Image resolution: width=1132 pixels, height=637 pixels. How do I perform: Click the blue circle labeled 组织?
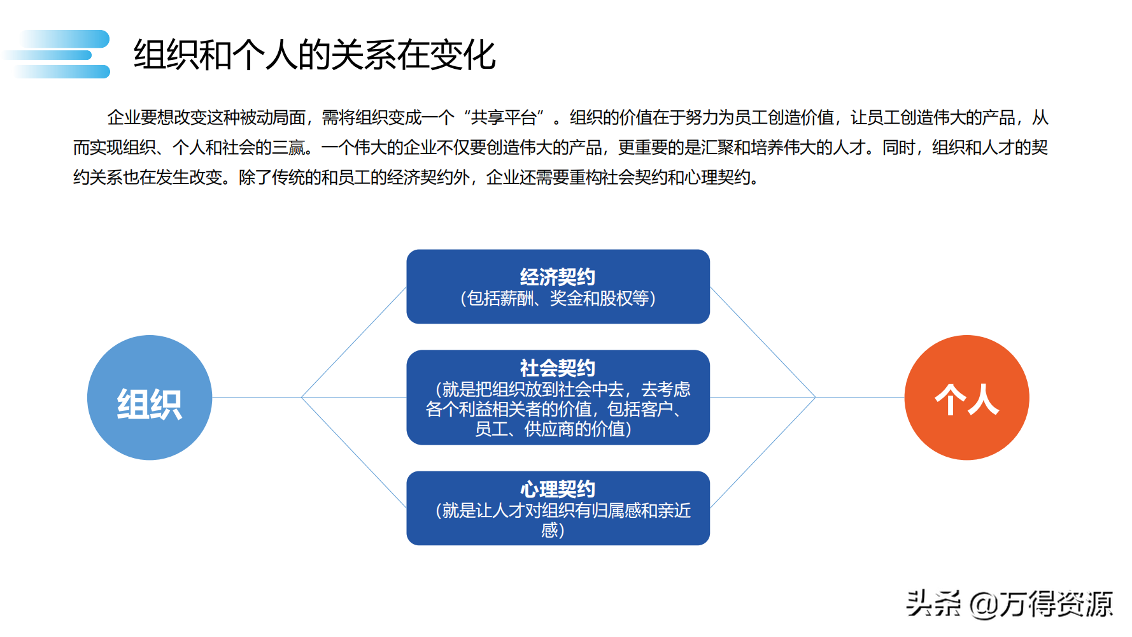click(149, 397)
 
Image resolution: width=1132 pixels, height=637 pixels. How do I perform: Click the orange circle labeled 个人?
click(966, 397)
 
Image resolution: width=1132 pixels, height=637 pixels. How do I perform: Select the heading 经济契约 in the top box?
click(557, 277)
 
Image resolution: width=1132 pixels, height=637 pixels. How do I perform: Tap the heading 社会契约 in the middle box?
click(557, 368)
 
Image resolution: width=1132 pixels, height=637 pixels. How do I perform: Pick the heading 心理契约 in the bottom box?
click(557, 489)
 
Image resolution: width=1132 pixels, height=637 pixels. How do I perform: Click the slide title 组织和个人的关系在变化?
click(315, 55)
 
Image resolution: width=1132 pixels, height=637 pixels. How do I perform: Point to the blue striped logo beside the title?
click(60, 54)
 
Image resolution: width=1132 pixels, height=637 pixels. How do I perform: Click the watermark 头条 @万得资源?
click(1009, 604)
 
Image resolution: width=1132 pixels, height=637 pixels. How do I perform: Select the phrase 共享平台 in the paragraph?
click(504, 118)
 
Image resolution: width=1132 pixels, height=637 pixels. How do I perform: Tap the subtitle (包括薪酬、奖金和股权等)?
click(558, 299)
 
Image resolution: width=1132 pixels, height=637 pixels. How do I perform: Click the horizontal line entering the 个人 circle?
click(860, 397)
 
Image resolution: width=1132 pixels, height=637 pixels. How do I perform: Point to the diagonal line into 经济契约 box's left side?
click(354, 342)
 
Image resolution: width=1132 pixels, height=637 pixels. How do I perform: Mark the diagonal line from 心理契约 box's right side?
click(763, 452)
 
